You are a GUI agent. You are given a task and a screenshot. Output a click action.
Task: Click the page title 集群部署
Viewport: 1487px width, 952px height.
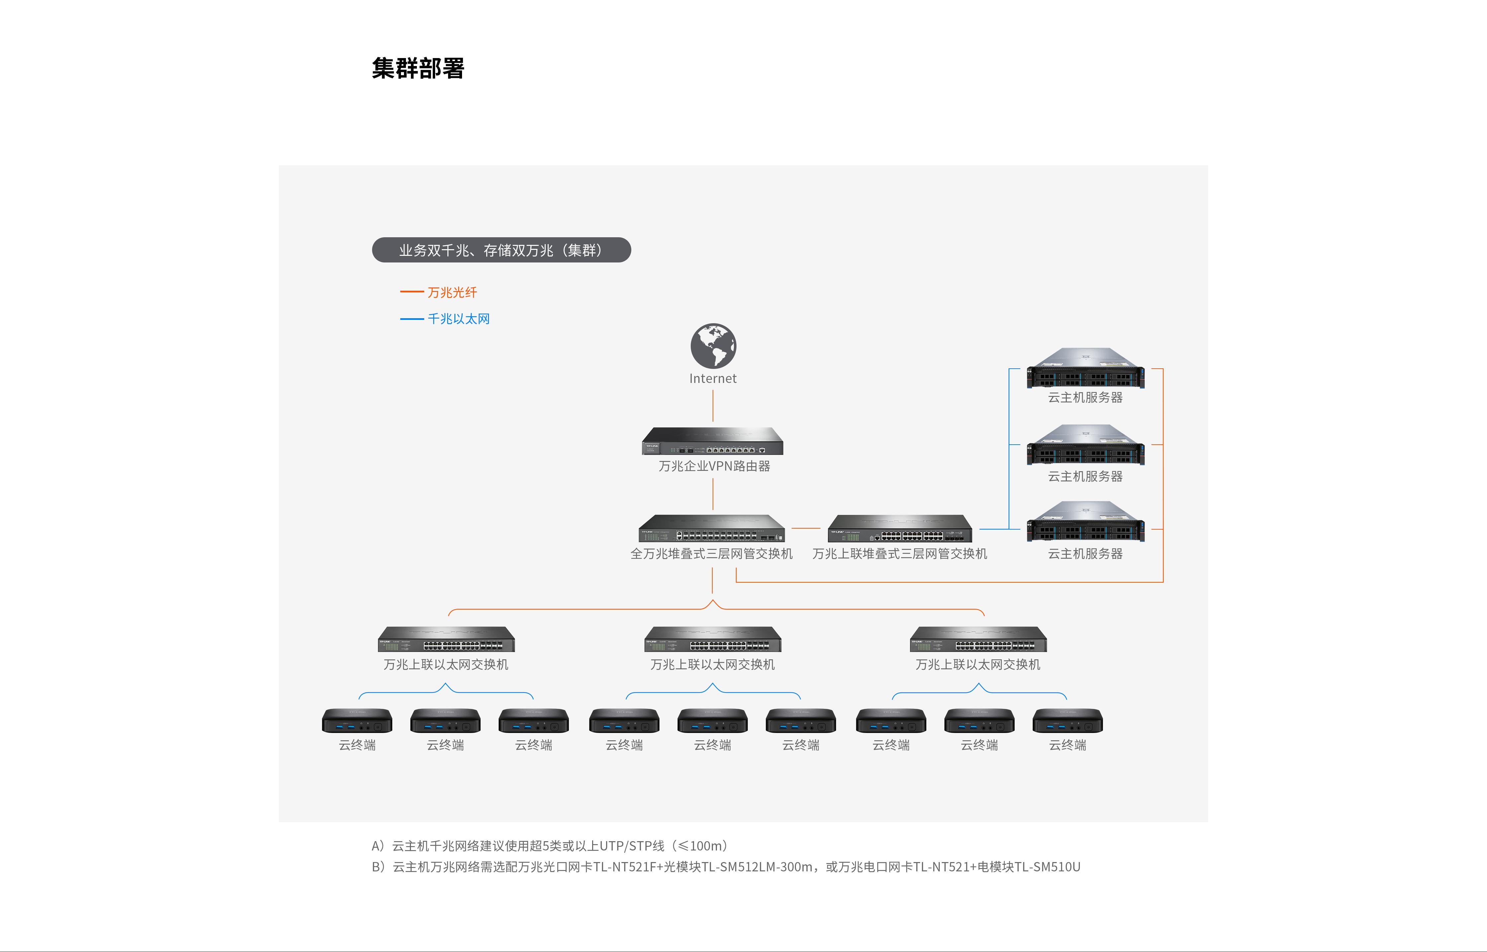(418, 68)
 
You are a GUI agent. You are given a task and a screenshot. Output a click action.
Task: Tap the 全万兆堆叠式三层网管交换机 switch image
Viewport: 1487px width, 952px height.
(712, 529)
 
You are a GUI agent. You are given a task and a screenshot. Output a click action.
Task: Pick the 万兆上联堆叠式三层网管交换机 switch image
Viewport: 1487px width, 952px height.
(900, 529)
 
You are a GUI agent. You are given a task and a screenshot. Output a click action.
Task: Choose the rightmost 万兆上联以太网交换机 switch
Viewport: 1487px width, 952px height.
(978, 639)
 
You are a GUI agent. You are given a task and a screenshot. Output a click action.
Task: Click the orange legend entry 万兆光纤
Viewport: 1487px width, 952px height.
(452, 292)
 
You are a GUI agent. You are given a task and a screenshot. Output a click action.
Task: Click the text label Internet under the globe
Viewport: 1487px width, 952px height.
(713, 378)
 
